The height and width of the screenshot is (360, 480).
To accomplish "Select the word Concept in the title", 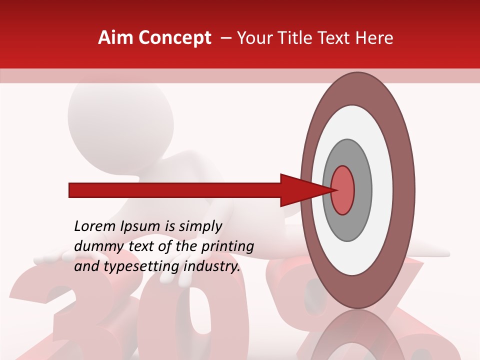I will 175,38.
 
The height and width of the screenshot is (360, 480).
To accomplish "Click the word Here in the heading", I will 375,38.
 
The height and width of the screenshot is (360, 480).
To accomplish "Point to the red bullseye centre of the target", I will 343,189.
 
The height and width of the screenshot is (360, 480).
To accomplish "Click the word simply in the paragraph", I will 200,227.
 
